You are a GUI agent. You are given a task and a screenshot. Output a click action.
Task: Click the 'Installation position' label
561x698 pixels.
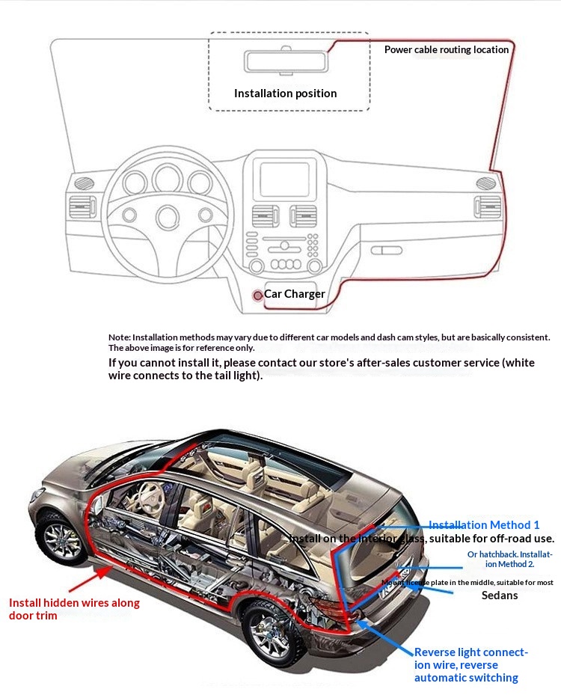point(285,94)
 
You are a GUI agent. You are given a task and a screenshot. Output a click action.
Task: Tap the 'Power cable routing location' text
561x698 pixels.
point(446,50)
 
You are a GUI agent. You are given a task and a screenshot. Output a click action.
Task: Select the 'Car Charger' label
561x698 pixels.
point(294,294)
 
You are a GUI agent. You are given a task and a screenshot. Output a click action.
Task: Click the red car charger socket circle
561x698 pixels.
point(257,296)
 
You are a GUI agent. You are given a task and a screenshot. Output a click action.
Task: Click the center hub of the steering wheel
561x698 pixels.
point(166,216)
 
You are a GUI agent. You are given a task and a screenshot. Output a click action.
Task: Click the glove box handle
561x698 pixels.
point(387,250)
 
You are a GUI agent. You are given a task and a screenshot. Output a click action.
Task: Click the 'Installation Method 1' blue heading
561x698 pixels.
point(483,525)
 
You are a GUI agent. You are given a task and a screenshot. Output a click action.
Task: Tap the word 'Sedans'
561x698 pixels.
point(499,596)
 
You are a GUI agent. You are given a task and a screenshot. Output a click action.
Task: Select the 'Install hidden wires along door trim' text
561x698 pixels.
point(74,609)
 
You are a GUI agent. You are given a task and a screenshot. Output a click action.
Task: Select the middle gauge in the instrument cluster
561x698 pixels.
point(166,180)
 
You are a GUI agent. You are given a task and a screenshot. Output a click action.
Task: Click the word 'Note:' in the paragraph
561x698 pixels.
point(119,337)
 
